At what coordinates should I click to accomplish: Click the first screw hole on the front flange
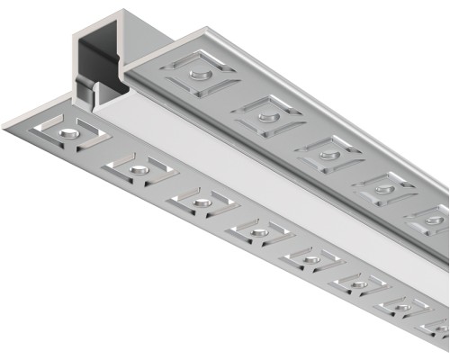pos(68,133)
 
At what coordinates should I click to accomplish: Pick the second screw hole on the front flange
pos(138,167)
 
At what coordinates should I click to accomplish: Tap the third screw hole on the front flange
pos(197,199)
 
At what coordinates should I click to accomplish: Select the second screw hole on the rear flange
pos(265,113)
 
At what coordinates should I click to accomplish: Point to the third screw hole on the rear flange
pos(329,154)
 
